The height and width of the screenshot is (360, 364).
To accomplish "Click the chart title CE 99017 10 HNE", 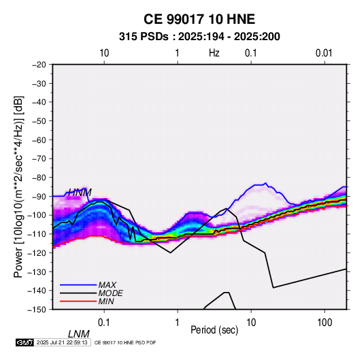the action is (x=199, y=19).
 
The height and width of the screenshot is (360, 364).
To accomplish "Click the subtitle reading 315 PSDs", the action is (x=144, y=37).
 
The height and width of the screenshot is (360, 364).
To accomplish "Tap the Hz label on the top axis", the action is (x=214, y=53).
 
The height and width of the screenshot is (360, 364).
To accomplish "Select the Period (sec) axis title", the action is (x=214, y=330).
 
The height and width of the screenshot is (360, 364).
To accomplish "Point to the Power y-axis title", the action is (x=18, y=187).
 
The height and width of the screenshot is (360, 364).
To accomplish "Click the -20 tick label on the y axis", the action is (x=39, y=65).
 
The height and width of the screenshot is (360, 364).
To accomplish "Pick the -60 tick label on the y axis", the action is (x=39, y=140).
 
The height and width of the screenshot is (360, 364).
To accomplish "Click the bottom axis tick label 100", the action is (x=325, y=322).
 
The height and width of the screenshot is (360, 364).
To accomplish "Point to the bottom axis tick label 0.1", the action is (x=104, y=322).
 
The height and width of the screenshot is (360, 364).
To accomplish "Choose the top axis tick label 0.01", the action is (x=324, y=53).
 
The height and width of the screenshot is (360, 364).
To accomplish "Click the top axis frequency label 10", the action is (x=104, y=53).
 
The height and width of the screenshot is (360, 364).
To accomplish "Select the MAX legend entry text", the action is (x=107, y=285).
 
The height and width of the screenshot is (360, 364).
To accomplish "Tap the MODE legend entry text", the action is (x=110, y=293).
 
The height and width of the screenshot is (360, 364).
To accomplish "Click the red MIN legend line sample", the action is (x=78, y=301).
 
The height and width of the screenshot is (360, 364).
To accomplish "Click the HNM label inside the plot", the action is (x=80, y=193).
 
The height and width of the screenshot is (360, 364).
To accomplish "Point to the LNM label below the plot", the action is (x=79, y=334).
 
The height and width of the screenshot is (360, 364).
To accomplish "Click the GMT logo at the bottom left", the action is (x=25, y=342).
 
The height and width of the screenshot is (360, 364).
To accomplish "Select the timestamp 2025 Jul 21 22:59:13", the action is (x=62, y=342).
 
